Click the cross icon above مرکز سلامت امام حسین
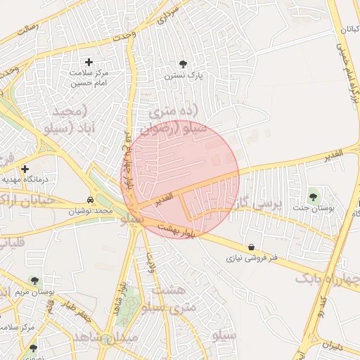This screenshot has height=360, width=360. (89, 63)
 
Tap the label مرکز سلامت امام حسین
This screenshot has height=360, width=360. (89, 77)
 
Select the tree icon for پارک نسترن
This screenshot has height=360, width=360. (184, 63)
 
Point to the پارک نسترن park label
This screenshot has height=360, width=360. (184, 75)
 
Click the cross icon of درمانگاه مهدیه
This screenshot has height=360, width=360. (25, 169)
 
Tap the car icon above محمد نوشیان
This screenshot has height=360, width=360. (90, 200)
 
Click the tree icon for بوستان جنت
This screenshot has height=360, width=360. (313, 197)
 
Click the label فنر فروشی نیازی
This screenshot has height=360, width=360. (252, 258)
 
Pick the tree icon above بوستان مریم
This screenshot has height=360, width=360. (34, 280)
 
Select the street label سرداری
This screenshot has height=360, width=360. (169, 14)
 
